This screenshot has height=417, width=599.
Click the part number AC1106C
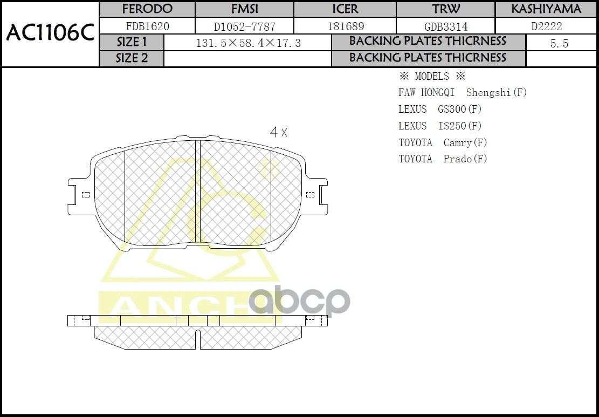50,34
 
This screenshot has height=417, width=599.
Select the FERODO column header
147,9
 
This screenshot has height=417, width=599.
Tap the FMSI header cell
244,9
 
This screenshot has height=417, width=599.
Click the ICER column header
345,9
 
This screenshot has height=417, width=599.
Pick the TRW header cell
446,9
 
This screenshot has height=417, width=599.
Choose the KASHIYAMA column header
546,9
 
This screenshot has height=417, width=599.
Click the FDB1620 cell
147,26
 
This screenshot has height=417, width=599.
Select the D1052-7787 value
244,26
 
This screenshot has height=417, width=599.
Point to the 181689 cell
345,26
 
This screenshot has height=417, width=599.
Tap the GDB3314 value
446,26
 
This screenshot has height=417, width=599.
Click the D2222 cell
546,26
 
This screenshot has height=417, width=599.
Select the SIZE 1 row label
132,42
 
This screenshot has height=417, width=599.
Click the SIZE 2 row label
132,58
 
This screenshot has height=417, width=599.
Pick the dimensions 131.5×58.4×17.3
248,43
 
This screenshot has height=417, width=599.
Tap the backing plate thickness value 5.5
559,44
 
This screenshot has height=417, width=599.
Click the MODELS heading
431,76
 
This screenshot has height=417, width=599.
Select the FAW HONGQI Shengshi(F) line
462,93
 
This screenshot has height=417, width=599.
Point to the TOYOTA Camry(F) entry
443,143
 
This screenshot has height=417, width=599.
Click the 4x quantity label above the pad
278,132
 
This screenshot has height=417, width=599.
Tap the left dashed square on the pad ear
85,195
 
